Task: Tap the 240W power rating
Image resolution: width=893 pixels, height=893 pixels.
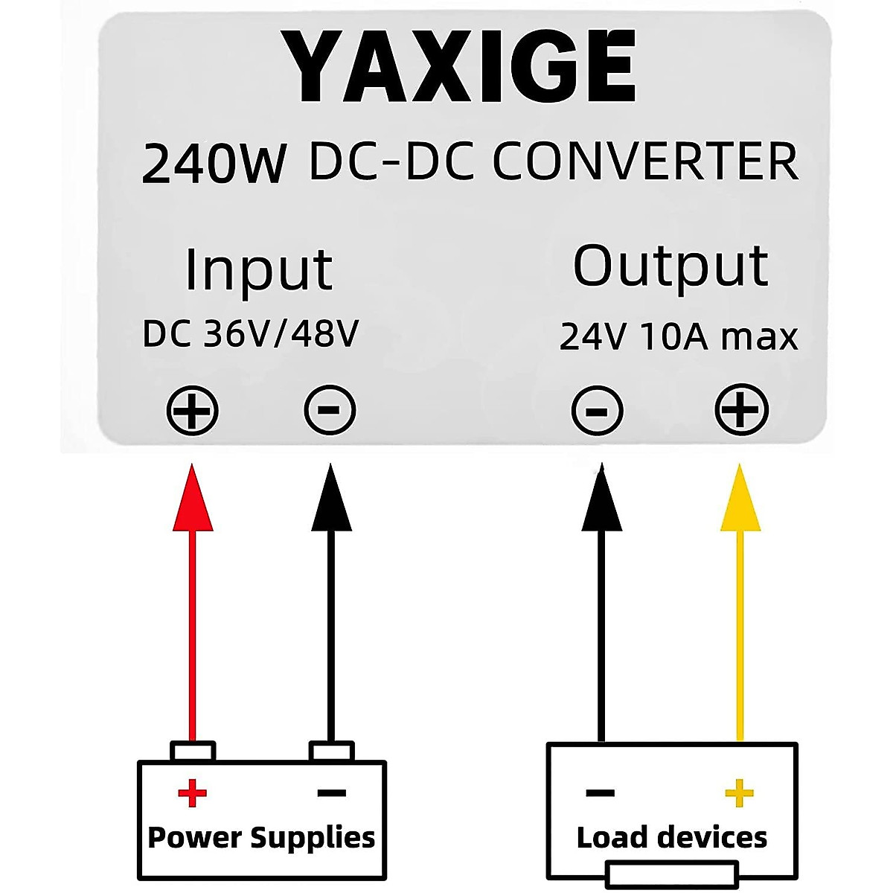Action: point(214,163)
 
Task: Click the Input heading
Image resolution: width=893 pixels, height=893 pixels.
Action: point(258,269)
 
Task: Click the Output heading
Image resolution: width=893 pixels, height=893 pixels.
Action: point(670,266)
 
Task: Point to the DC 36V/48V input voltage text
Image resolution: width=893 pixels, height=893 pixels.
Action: point(251,334)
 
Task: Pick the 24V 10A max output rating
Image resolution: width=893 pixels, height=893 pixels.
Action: point(679,336)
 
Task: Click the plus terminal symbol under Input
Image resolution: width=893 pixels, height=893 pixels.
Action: point(192,410)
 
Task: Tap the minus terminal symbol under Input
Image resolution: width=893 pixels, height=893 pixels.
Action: point(330,410)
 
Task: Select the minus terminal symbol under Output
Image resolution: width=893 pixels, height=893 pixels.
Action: point(597,411)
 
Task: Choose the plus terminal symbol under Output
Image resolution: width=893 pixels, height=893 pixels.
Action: point(741,410)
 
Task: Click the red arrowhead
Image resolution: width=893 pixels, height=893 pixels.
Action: point(193,499)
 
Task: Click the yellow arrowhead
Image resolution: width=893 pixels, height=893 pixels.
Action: point(740,499)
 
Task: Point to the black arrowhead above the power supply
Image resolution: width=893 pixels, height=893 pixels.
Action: point(331,499)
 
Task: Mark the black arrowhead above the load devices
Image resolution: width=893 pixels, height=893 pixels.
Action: point(601,499)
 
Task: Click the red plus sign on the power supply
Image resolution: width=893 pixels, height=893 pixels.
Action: point(193,793)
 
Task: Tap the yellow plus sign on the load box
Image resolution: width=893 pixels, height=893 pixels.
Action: point(739,793)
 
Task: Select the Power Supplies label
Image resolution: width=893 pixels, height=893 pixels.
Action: point(261,837)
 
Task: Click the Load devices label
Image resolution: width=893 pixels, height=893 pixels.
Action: point(672,838)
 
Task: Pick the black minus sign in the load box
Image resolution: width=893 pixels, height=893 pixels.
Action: point(601,793)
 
